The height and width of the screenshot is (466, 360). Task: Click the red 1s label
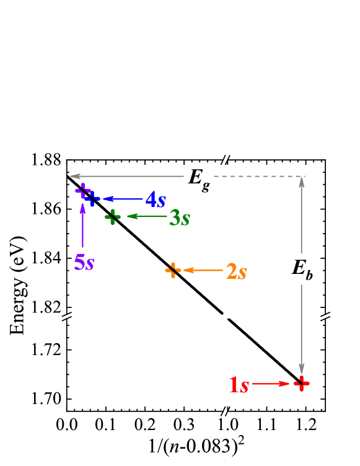tap(239, 385)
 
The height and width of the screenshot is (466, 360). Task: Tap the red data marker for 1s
tap(301, 384)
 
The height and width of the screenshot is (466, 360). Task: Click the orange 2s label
tap(236, 271)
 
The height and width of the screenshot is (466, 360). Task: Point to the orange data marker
tap(173, 270)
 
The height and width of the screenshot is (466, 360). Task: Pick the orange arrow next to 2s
tap(203, 270)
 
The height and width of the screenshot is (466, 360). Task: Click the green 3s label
tap(179, 218)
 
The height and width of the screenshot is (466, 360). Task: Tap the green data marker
tap(112, 217)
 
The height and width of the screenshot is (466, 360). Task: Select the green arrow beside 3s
tap(147, 216)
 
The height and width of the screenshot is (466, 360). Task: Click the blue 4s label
tap(156, 200)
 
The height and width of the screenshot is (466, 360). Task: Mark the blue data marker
tap(92, 198)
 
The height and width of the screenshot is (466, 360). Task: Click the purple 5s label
tap(84, 262)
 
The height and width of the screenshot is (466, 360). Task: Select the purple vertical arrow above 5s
tap(82, 226)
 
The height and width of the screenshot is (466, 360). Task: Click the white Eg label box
tap(199, 178)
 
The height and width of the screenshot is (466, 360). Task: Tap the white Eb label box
tap(302, 269)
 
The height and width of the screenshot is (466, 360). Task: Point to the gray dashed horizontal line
tap(258, 177)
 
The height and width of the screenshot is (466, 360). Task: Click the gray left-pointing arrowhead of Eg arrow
tap(74, 177)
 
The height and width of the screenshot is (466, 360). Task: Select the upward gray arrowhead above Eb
tap(302, 182)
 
